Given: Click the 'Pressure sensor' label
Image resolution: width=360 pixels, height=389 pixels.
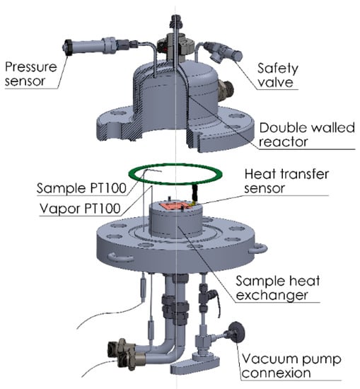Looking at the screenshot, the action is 30,74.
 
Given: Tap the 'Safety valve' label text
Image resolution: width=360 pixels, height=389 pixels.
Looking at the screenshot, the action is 277,75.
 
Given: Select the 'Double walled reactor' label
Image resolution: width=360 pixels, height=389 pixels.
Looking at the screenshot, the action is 307,134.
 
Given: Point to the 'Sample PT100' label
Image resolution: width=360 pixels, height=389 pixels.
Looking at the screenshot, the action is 81,188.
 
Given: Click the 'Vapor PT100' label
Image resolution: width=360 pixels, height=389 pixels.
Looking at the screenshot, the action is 80,209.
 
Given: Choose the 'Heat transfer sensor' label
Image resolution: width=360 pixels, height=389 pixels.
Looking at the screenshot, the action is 286,181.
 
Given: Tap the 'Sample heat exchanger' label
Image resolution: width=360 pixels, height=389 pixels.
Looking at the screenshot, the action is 277,288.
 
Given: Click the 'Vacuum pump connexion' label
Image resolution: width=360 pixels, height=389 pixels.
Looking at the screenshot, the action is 291,366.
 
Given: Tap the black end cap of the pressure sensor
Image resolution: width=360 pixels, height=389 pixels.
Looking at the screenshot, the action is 67,48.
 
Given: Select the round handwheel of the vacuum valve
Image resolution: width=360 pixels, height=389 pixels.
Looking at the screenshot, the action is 236,332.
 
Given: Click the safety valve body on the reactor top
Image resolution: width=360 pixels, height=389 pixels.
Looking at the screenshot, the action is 224,52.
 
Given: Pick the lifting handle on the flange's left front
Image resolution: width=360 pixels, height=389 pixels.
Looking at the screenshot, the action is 121,257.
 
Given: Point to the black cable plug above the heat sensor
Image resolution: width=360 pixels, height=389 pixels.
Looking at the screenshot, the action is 195,192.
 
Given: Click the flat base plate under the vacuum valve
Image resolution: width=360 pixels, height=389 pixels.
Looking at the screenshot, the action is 195,364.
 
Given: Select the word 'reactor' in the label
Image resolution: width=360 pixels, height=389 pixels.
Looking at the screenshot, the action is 284,142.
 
